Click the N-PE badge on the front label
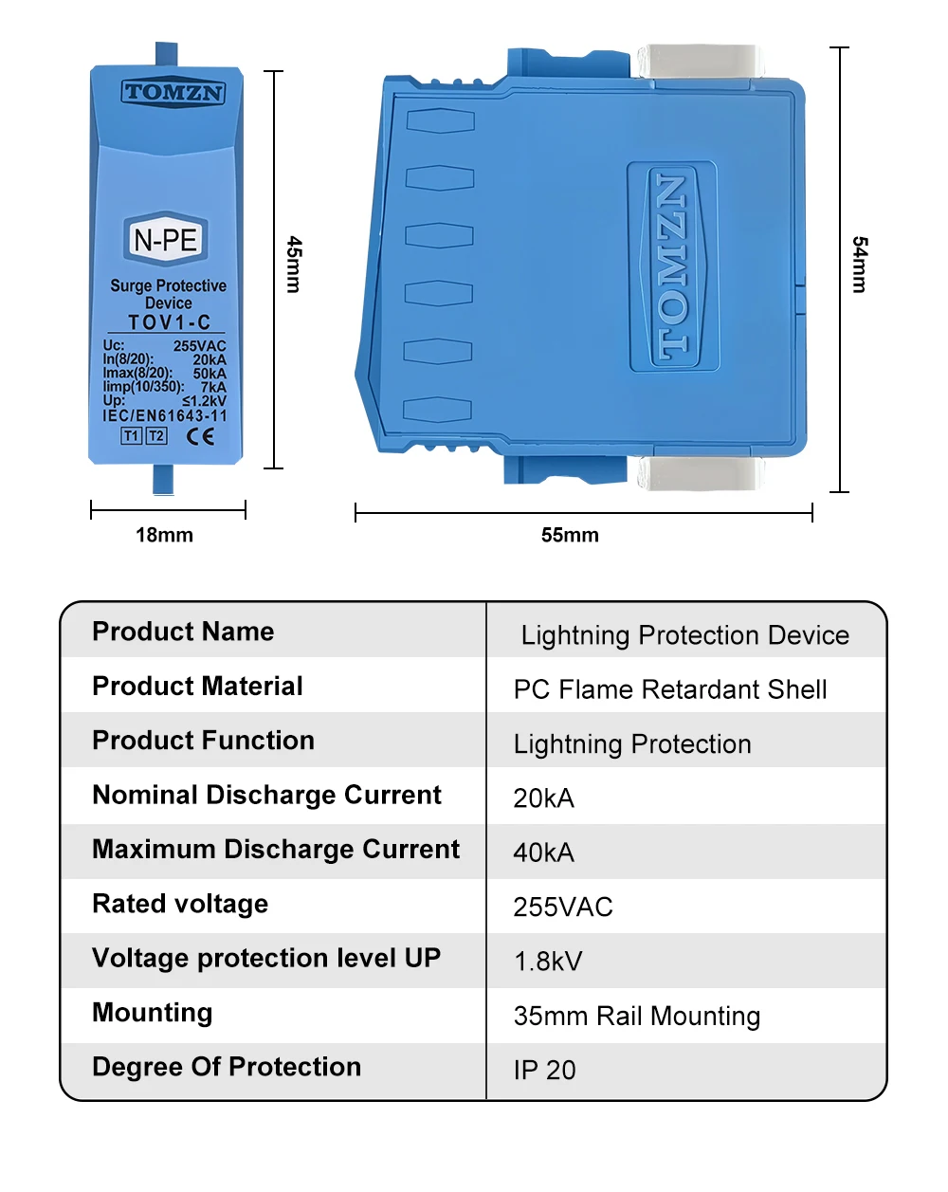166,240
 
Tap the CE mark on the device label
200,436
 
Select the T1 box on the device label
132,436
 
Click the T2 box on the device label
156,436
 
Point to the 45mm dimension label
295,265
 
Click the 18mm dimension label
164,535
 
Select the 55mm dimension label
570,535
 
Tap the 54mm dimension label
860,265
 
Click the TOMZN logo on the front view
173,93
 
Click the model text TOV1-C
169,322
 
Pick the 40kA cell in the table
544,853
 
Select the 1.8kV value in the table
548,962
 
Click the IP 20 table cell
545,1071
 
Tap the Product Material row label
197,687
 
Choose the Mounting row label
152,1013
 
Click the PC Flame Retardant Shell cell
670,689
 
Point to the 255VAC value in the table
563,908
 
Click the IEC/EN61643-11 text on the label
165,415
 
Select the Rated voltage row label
180,904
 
